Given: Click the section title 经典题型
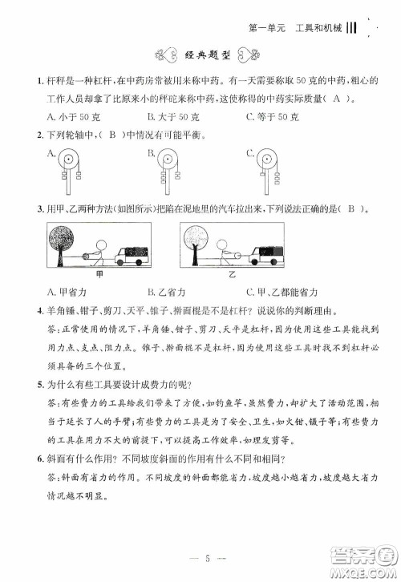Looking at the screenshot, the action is tap(200, 55).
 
